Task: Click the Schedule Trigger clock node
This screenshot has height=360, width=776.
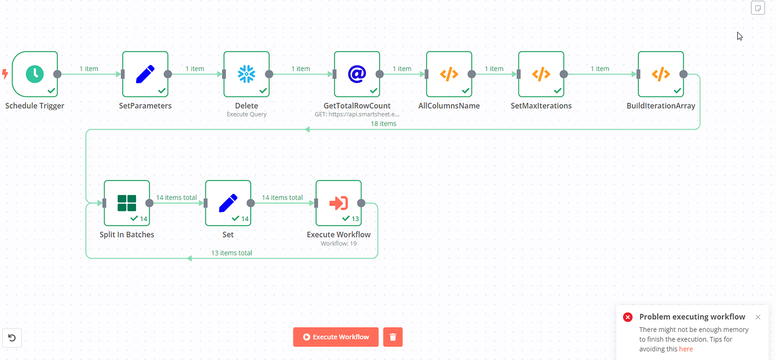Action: pos(35,74)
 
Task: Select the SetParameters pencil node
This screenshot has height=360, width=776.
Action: pos(145,74)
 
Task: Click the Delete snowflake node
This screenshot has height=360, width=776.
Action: pos(246,74)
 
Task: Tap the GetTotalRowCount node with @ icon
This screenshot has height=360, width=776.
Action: pos(357,74)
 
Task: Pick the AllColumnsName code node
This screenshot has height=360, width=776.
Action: pos(449,74)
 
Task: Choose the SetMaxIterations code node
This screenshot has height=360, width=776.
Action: pos(541,74)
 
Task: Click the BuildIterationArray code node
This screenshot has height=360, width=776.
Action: pos(661,74)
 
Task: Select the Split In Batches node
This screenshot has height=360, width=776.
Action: pos(127,203)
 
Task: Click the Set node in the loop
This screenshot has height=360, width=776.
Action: pos(228,203)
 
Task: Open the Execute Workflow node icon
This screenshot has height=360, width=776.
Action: pos(339,203)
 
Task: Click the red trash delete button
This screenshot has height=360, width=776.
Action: pos(393,337)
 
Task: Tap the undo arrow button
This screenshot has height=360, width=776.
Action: pos(12,338)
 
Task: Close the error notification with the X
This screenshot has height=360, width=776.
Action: pos(758,317)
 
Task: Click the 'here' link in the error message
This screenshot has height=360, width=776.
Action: pos(685,349)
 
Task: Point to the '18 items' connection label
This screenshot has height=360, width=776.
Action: pos(384,123)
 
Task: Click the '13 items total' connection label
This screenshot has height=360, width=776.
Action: pos(232,253)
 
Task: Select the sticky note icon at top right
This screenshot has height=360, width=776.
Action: pos(758,8)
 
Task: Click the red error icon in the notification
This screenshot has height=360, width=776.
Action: pos(628,317)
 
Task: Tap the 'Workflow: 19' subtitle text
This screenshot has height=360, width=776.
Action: pos(339,244)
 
